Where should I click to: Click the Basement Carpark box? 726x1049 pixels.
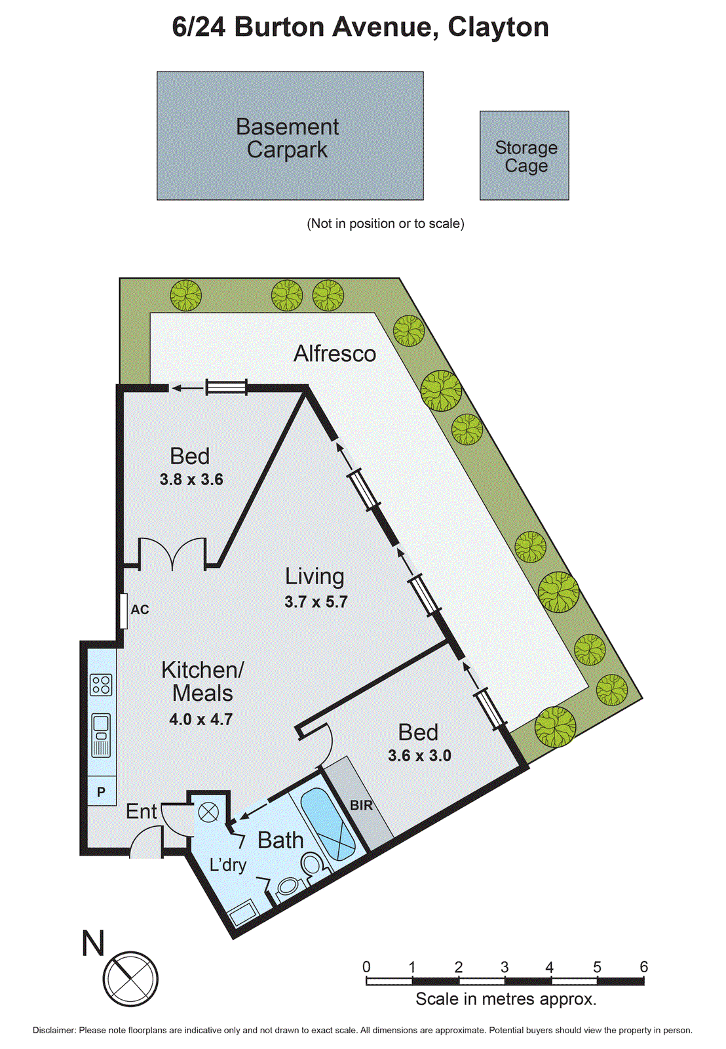pos(290,136)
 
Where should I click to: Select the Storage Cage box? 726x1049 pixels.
pos(524,155)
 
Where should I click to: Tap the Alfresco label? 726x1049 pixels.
pos(334,354)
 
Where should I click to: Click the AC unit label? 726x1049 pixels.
pos(140,610)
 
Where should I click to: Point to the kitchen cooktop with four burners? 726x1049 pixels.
pos(101,685)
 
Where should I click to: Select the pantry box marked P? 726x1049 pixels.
pos(102,792)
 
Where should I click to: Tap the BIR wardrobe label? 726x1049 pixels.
pos(361,805)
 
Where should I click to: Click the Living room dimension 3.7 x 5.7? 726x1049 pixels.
pos(316,602)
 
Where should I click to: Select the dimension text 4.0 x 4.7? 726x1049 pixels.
pos(201,719)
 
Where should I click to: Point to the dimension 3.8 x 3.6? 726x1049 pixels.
pos(191,480)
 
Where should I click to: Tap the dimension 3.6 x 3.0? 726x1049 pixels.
pos(419,756)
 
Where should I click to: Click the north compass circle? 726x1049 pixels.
pos(130,980)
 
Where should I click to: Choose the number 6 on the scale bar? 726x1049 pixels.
pos(643,967)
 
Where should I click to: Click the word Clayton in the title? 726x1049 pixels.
pos(498,27)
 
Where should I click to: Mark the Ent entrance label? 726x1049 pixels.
pos(142,812)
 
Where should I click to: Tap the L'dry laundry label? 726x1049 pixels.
pos(227,865)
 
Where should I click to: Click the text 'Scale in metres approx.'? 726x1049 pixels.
pos(506,999)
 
